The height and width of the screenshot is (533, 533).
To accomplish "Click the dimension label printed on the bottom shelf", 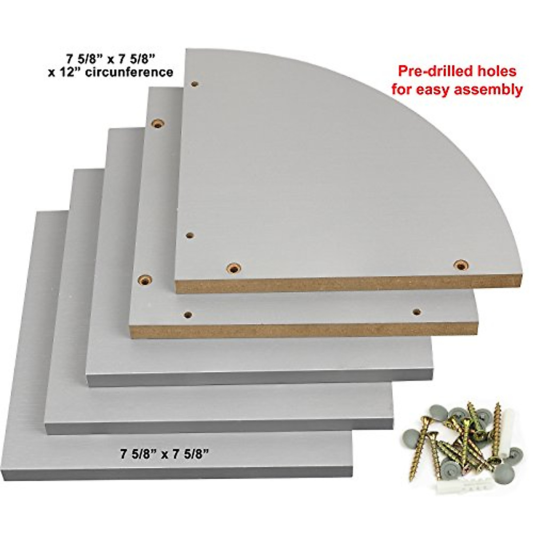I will tap(165, 454).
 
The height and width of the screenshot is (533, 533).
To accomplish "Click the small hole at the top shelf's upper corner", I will tap(195, 83).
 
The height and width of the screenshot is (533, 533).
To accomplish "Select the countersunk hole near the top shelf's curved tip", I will tap(461, 266).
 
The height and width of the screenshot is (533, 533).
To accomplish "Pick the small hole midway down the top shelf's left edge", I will tap(189, 235).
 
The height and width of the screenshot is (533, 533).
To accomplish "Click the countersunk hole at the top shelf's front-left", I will tap(233, 268).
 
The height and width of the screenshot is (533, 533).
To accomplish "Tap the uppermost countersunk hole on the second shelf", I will tap(157, 123).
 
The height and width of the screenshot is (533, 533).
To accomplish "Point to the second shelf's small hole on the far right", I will tap(417, 311).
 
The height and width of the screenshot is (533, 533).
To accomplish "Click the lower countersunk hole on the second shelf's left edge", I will tap(145, 280).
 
